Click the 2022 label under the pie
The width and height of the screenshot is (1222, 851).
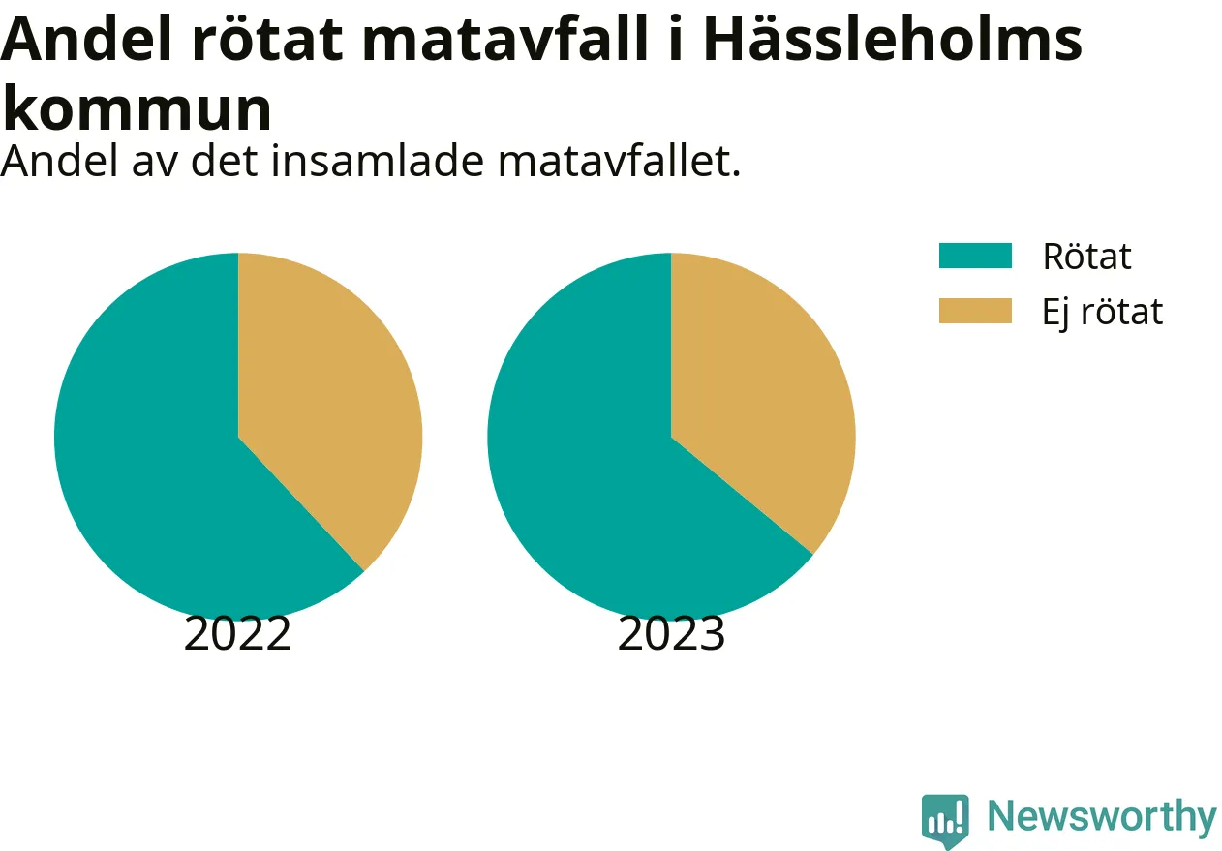pyautogui.click(x=238, y=634)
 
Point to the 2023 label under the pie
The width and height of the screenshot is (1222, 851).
pyautogui.click(x=671, y=634)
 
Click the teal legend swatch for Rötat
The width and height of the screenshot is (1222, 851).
pyautogui.click(x=975, y=256)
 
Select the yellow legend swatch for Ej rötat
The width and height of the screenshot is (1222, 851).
pyautogui.click(x=975, y=311)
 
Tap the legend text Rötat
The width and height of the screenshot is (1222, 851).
pyautogui.click(x=1086, y=256)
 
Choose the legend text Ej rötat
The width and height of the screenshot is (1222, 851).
pyautogui.click(x=1103, y=312)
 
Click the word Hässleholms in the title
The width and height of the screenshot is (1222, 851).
pyautogui.click(x=893, y=40)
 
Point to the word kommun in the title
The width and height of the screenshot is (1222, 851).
pyautogui.click(x=137, y=108)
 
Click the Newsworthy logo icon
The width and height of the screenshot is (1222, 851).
pyautogui.click(x=945, y=820)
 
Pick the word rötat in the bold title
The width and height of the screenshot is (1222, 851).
pyautogui.click(x=267, y=40)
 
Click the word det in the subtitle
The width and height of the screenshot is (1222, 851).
pyautogui.click(x=225, y=162)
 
